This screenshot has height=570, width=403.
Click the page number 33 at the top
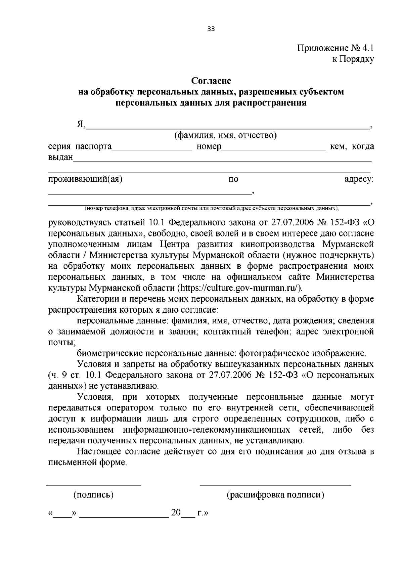[211, 29]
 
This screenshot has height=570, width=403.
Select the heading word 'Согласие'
[211, 81]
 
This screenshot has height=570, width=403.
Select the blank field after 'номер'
[273, 150]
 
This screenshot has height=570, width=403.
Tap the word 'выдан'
[60, 157]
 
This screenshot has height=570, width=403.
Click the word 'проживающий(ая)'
[85, 179]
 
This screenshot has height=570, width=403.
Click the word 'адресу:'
[359, 179]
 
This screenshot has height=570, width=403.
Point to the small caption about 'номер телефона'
[212, 208]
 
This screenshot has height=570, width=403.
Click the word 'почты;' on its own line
[62, 343]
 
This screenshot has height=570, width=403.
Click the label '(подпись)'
[93, 494]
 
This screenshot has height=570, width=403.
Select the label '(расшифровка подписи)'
[275, 495]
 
